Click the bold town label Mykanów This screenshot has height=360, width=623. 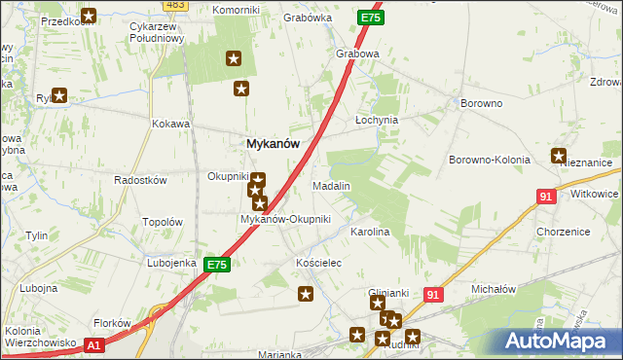click(x=273, y=143)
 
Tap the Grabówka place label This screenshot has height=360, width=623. click(x=303, y=18)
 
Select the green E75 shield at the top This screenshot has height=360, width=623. click(x=370, y=18)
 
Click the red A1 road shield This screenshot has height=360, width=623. click(x=92, y=344)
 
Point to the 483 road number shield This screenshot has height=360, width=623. click(x=175, y=5)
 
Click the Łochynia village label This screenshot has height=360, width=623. click(x=377, y=121)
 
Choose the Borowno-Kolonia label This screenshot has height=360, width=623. click(x=489, y=159)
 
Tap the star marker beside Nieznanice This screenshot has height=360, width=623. click(x=559, y=155)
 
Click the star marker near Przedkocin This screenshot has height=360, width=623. click(x=89, y=16)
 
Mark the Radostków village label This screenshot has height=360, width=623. click(x=141, y=181)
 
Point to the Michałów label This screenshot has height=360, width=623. click(x=493, y=290)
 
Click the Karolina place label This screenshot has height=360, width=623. click(x=370, y=233)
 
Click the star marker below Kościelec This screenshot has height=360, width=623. click(x=306, y=294)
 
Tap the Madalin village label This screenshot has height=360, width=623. click(x=331, y=185)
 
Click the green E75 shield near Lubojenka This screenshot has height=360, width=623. click(x=217, y=265)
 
